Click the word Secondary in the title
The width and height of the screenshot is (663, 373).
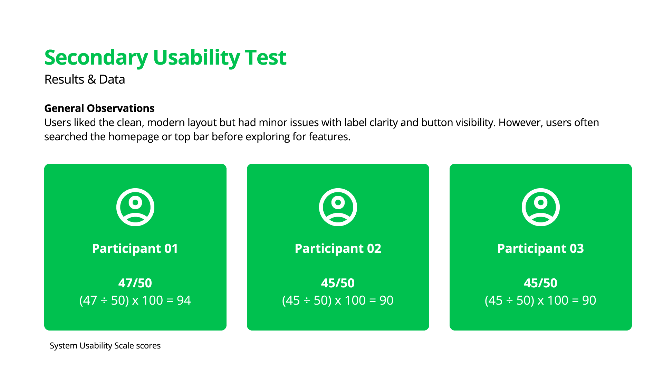tap(96, 58)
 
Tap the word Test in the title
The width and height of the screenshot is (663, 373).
tap(266, 57)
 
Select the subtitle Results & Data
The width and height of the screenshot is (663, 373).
tap(85, 79)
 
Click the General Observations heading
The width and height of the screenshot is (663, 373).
tap(99, 108)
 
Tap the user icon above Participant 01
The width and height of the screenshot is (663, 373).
tap(135, 207)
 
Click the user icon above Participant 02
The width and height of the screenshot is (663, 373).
tap(338, 207)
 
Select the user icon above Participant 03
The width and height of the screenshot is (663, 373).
tap(541, 207)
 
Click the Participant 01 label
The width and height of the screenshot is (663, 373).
tap(135, 249)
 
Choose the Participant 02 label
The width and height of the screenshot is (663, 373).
tap(338, 249)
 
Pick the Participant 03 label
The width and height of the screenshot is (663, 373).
tap(541, 249)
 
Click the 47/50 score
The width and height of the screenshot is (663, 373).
tap(135, 283)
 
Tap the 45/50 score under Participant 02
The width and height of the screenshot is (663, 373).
tap(338, 283)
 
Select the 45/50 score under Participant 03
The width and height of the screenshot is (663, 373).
tap(540, 283)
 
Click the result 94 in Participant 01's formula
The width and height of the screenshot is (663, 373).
tap(184, 300)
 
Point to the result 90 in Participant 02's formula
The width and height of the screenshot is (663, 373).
tap(386, 300)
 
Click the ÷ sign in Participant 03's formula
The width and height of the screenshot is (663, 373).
tap(509, 301)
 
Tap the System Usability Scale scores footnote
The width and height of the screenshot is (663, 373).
tap(105, 346)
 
